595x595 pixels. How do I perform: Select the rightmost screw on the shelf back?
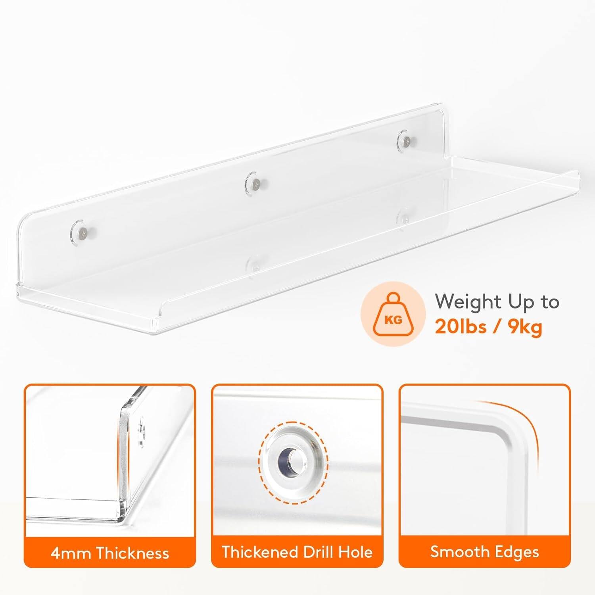tap(405, 140)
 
